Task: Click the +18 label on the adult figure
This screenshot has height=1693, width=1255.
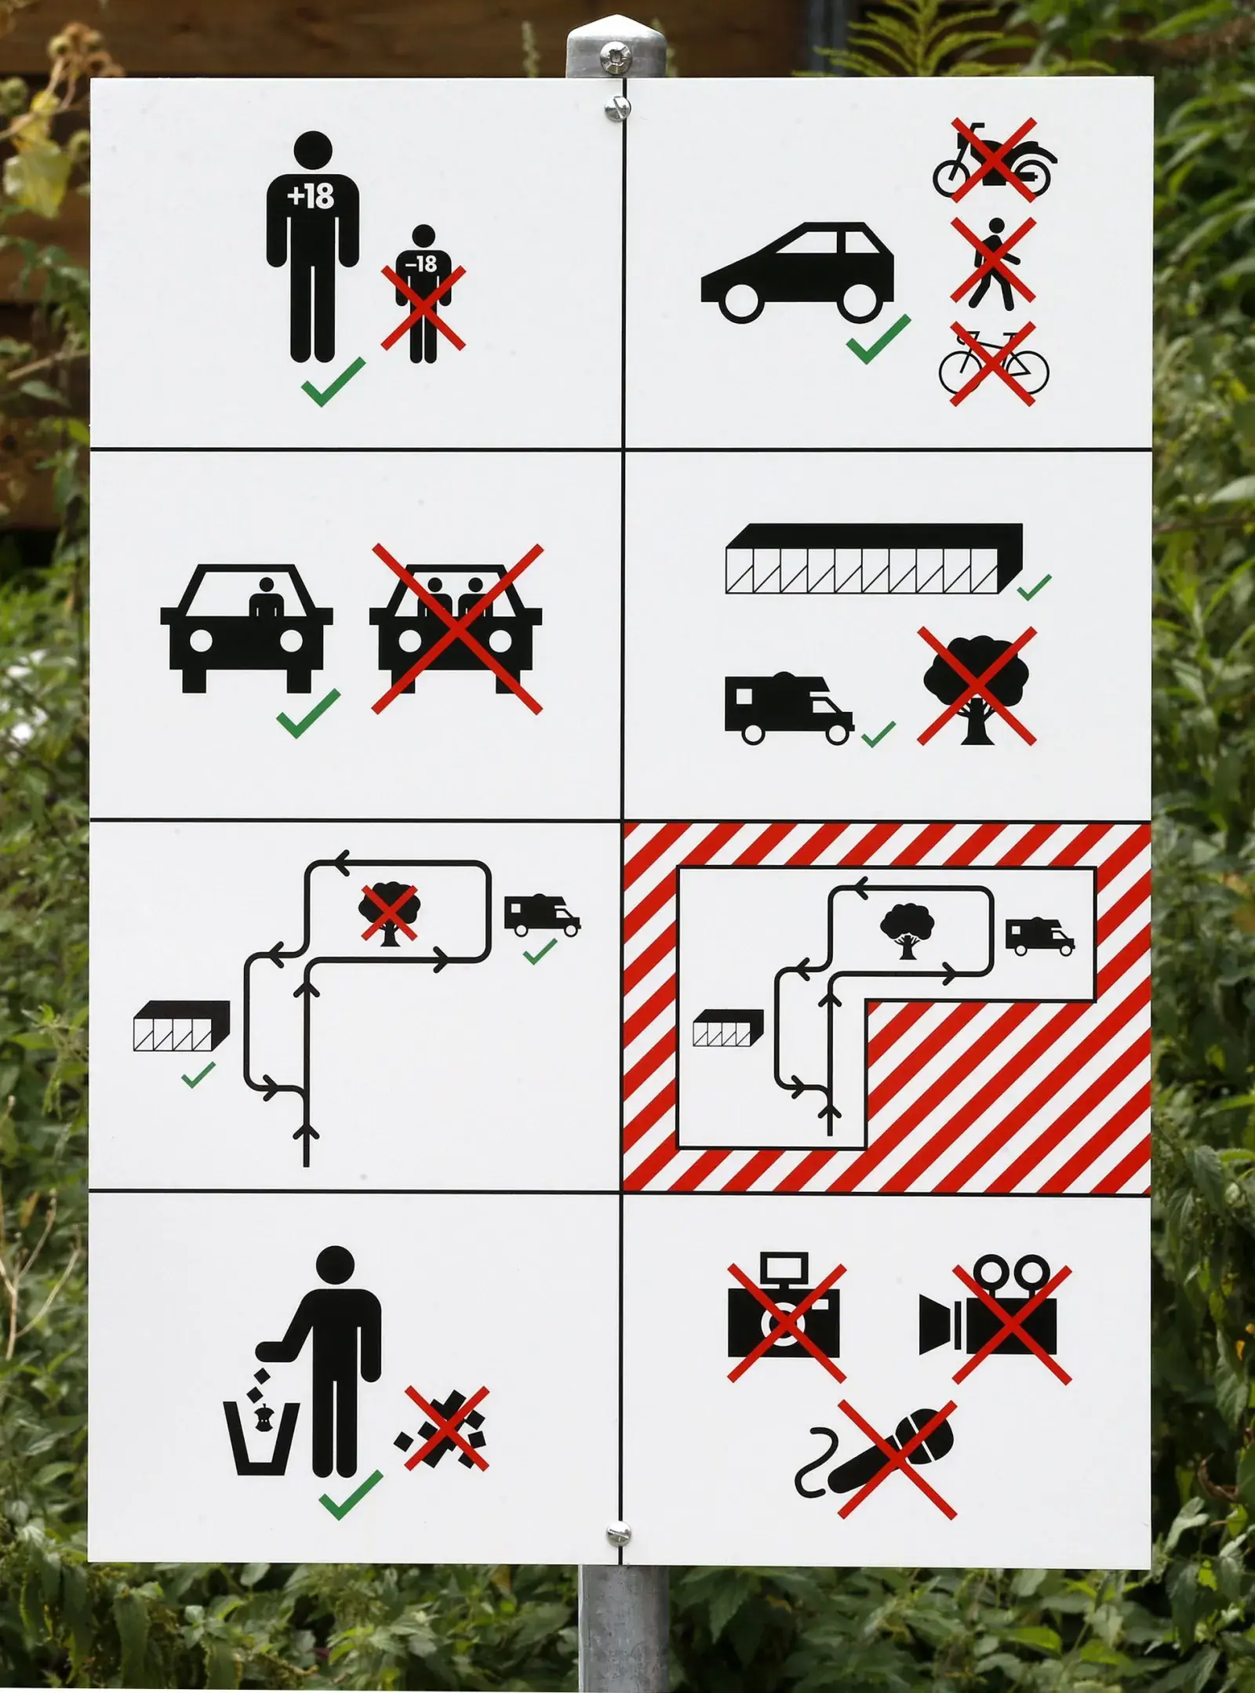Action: [x=311, y=196]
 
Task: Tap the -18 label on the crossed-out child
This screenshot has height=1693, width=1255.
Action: [x=422, y=263]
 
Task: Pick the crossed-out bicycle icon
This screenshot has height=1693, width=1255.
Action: [x=993, y=365]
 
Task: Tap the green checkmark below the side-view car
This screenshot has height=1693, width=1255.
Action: [x=878, y=340]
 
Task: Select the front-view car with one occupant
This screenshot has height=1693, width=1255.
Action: [x=246, y=627]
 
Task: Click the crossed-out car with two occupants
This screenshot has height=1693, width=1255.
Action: [x=457, y=628]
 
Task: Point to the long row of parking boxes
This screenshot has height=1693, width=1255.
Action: [x=874, y=558]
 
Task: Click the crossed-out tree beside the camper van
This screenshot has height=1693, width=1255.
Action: [x=977, y=686]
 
